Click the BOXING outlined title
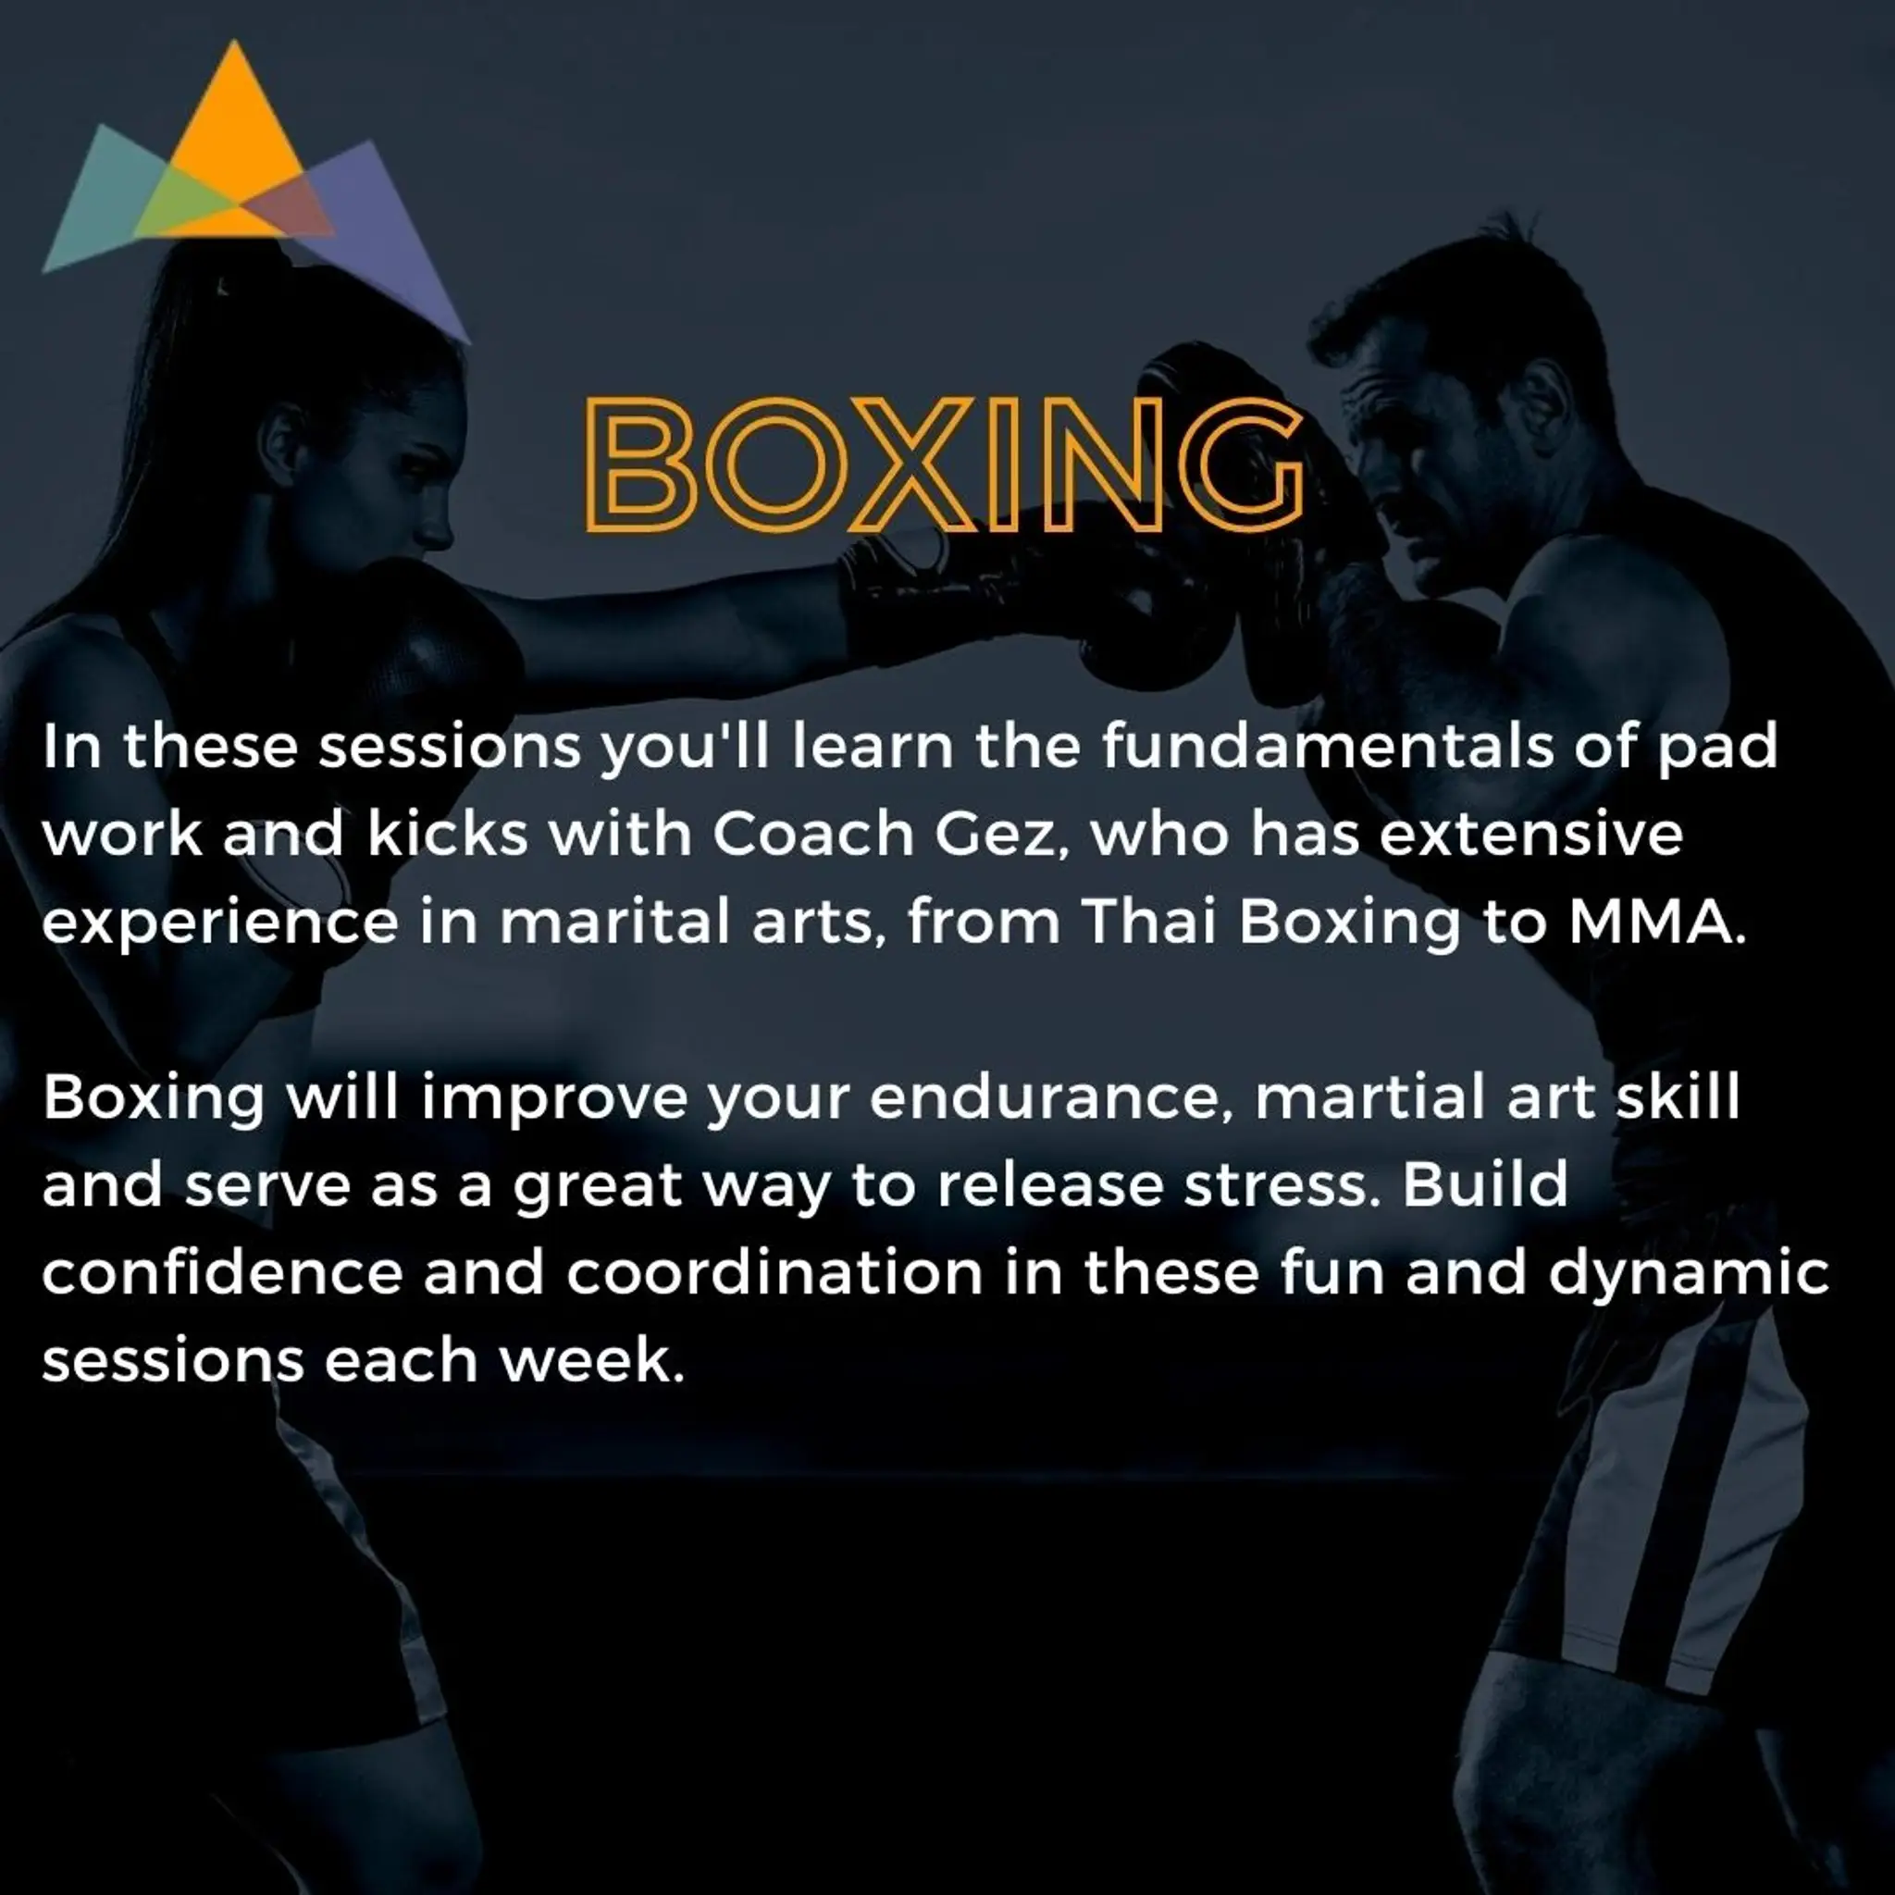pyautogui.click(x=945, y=464)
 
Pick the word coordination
pyautogui.click(x=774, y=1273)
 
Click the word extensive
pyautogui.click(x=1531, y=835)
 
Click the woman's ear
pyautogui.click(x=284, y=441)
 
